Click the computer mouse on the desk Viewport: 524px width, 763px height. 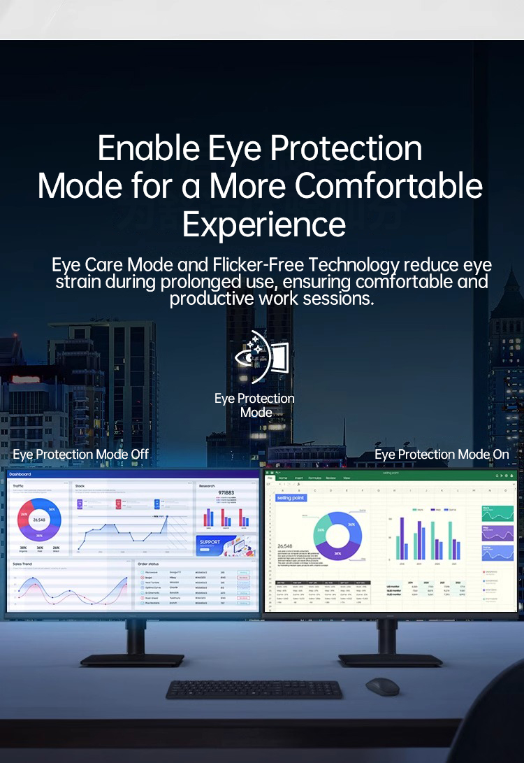(x=382, y=686)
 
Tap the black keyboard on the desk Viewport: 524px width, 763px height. (x=254, y=690)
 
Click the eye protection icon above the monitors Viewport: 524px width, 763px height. (x=261, y=357)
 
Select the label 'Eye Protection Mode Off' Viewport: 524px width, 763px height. (x=80, y=455)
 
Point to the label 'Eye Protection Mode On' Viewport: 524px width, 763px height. (x=442, y=455)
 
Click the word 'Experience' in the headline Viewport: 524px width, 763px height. (x=263, y=224)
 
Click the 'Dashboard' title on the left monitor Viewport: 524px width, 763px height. (x=20, y=474)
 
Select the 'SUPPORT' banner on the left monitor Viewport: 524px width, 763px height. (x=210, y=542)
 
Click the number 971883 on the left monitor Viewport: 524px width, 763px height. (x=226, y=493)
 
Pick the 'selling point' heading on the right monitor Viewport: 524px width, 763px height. (x=291, y=498)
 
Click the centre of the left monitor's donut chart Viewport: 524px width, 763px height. (x=39, y=520)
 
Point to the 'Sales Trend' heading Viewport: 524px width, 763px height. (x=22, y=564)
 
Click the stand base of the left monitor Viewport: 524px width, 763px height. (x=132, y=659)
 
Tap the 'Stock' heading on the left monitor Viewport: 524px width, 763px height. (x=80, y=485)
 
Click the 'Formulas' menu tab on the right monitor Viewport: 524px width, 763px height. (x=315, y=478)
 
